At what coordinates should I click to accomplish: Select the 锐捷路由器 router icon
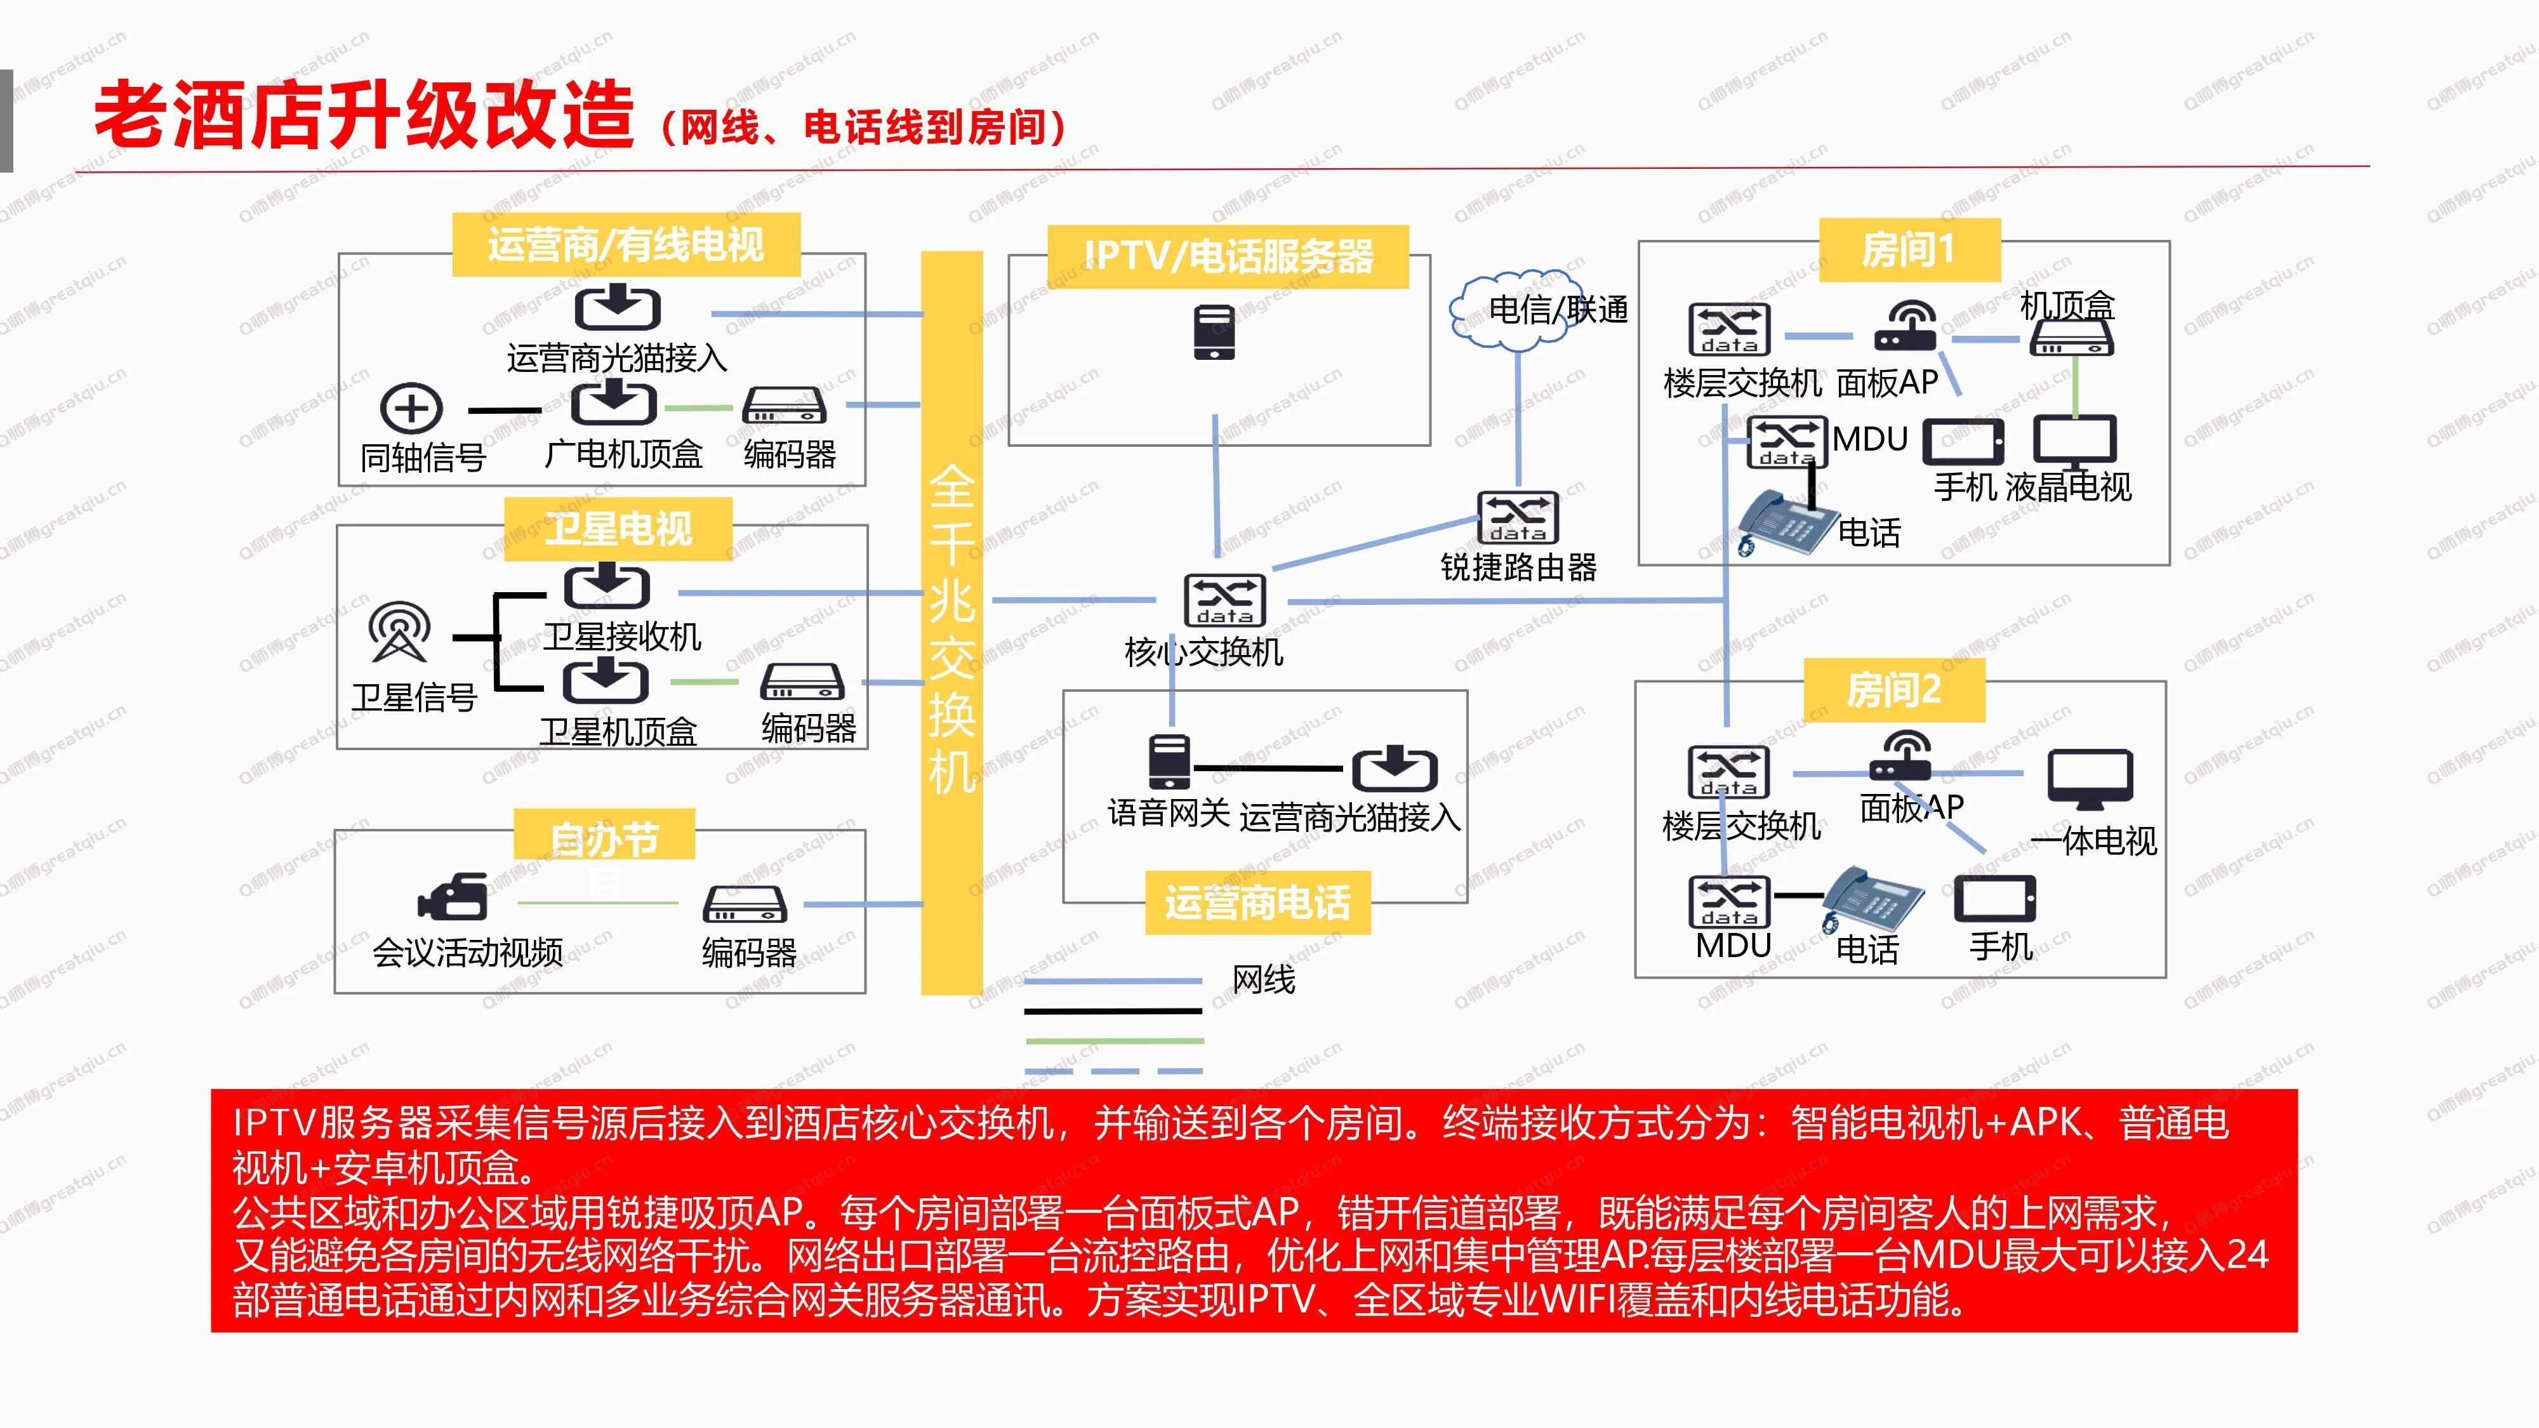click(x=1518, y=517)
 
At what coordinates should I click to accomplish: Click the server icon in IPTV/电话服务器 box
click(x=1214, y=332)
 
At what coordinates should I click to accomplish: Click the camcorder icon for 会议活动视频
click(x=453, y=897)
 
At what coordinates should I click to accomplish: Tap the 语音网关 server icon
click(x=1170, y=762)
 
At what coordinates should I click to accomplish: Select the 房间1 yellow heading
click(x=1909, y=250)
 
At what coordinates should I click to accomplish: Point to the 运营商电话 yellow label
click(x=1257, y=902)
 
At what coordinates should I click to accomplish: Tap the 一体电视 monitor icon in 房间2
click(x=2090, y=779)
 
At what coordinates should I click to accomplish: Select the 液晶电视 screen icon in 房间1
click(x=2075, y=440)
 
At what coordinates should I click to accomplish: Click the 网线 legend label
click(x=1264, y=979)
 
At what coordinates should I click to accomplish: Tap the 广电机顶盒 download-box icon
click(x=613, y=403)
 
